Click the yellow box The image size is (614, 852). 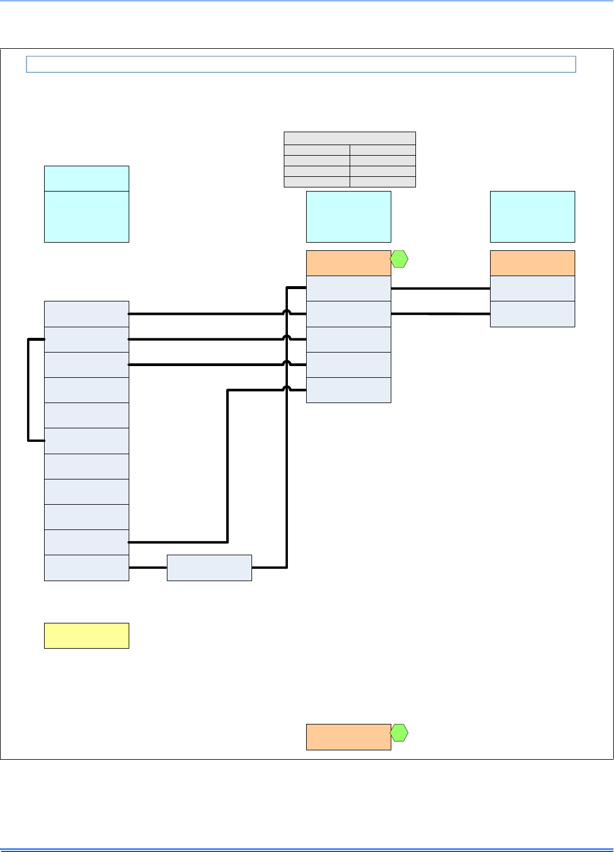pos(86,636)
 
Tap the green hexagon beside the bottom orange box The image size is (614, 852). pos(400,733)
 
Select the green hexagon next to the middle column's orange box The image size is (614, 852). pos(400,259)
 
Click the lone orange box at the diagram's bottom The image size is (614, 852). pos(348,737)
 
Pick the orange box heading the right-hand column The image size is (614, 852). pos(532,263)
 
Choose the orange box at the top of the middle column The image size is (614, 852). pos(348,263)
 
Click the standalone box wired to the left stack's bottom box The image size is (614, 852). pos(209,568)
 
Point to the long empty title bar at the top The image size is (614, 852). pos(301,64)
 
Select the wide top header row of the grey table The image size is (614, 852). pos(350,138)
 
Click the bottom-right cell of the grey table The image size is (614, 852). pos(383,182)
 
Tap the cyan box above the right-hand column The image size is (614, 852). pos(532,216)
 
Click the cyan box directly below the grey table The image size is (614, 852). pos(348,216)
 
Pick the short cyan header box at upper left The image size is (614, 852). pos(86,178)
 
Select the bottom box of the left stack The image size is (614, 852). pos(86,568)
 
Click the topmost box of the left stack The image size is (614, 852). pos(86,314)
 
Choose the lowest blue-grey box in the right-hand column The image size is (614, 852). pos(532,314)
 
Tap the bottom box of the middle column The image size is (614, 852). pos(348,390)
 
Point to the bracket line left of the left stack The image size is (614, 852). pos(28,390)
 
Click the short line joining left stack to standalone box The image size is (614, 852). pos(148,568)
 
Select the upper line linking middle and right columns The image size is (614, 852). pos(441,289)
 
